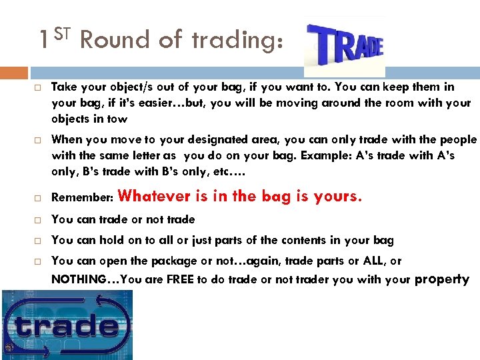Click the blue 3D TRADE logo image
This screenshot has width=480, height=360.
coord(345,47)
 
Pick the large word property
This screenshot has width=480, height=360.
coord(442,279)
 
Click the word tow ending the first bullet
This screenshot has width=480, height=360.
coord(117,119)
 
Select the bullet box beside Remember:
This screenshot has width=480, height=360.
coord(39,199)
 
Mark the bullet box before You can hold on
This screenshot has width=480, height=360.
coord(39,241)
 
